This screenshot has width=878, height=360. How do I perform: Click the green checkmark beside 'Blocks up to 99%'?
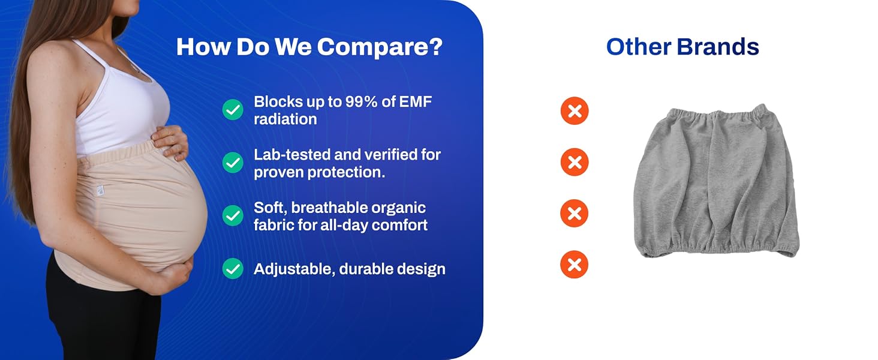point(233,109)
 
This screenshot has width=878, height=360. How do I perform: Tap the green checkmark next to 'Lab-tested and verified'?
point(233,163)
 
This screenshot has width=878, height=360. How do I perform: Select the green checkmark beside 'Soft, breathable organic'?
point(233,215)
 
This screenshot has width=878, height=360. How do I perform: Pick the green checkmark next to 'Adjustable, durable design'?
point(233,268)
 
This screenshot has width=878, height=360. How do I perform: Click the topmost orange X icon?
point(574,111)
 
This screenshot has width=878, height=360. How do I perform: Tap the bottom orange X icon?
point(574,265)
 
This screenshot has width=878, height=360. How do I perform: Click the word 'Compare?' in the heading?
point(380,47)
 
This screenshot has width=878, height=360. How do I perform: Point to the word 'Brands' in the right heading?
point(718,47)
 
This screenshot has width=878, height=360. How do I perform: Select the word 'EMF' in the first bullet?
point(416,102)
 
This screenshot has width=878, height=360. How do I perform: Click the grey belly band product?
point(715,181)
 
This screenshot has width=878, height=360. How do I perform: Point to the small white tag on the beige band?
point(100,190)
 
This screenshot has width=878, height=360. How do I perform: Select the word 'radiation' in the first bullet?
point(285,119)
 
